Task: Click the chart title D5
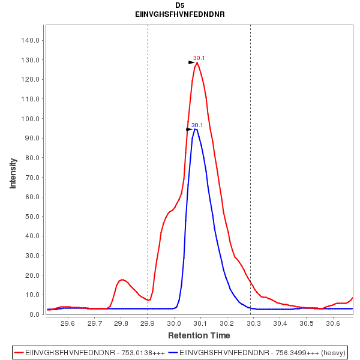tap(180, 5)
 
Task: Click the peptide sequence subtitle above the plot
tap(180, 14)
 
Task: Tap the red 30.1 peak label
tap(199, 58)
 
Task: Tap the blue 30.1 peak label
tap(197, 125)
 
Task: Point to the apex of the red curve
tap(197, 62)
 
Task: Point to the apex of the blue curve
tap(195, 129)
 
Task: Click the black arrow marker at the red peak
tap(191, 62)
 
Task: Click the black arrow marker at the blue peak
tap(190, 129)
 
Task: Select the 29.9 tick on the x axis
tap(148, 323)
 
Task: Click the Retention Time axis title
tap(199, 335)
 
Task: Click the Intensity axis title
tap(13, 173)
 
